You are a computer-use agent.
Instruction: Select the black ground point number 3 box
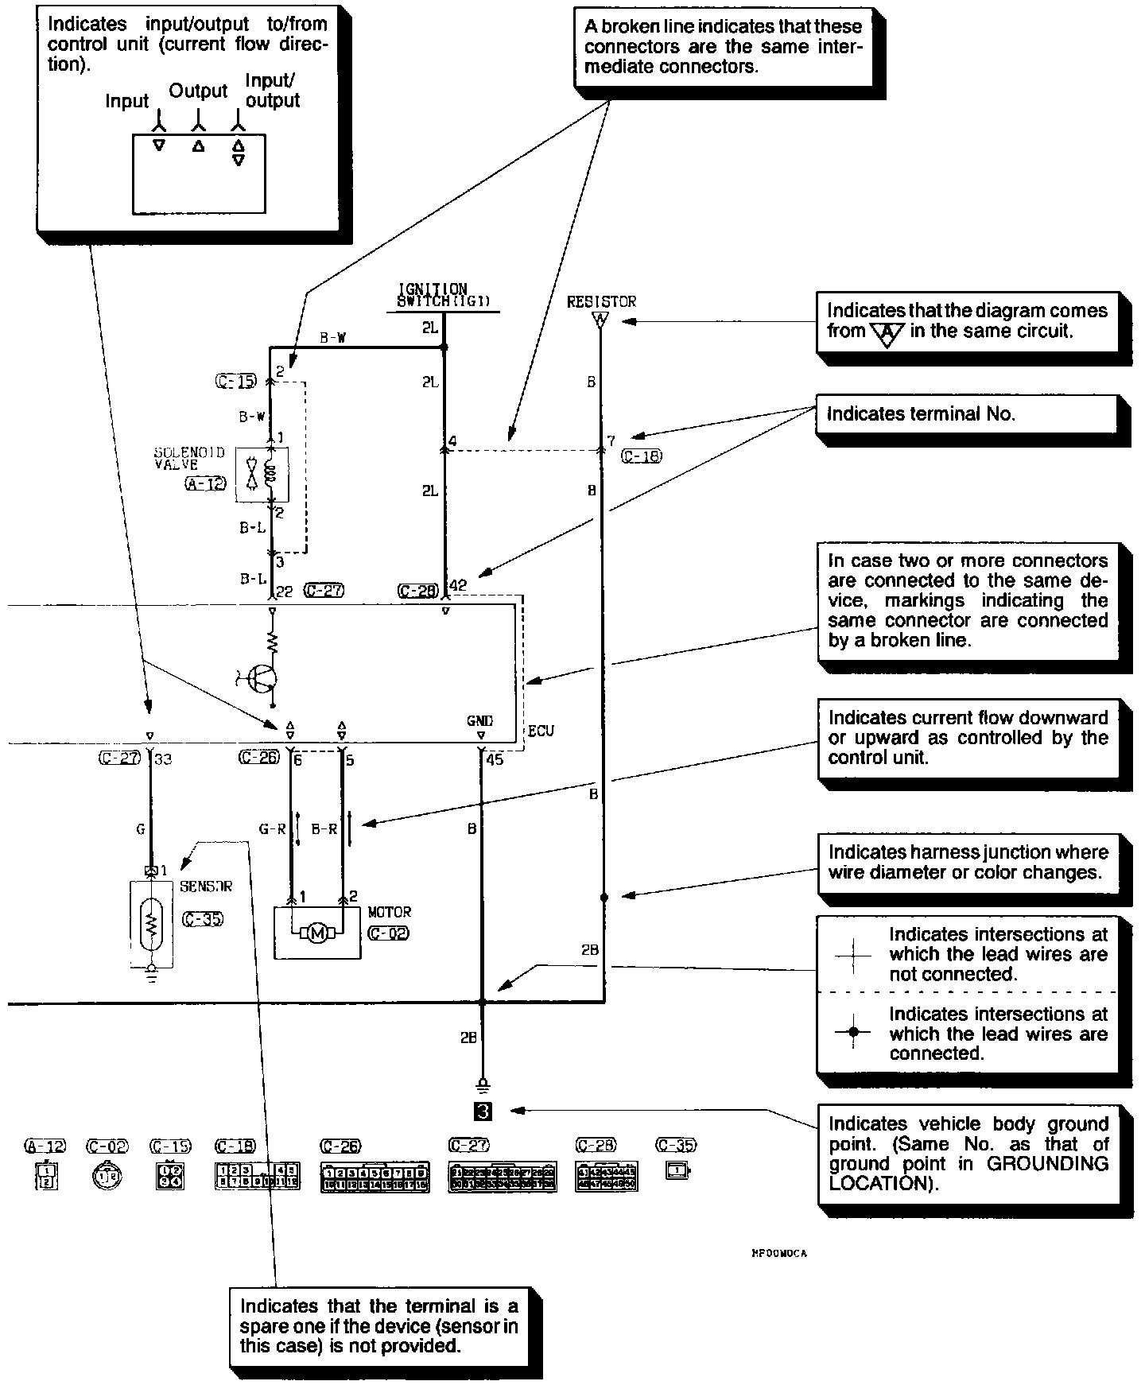click(x=483, y=1111)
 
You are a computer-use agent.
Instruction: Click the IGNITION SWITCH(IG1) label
click(x=444, y=295)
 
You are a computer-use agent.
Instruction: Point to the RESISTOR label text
click(x=601, y=301)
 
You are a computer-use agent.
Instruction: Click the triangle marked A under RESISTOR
click(x=600, y=320)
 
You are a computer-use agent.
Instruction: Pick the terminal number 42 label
click(x=459, y=586)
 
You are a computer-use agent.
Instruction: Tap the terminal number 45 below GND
click(x=495, y=759)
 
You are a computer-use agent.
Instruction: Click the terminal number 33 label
click(x=163, y=759)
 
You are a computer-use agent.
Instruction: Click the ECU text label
click(x=541, y=731)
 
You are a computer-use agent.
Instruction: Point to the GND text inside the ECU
click(x=480, y=721)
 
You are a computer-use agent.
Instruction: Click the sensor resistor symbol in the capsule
click(x=151, y=923)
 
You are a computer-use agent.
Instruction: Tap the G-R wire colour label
click(x=272, y=829)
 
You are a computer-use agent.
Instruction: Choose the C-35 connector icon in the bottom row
click(x=677, y=1171)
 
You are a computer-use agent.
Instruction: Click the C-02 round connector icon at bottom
click(x=107, y=1176)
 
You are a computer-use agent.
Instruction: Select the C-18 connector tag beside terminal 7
click(x=642, y=456)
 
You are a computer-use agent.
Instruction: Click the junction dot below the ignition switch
click(x=444, y=347)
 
